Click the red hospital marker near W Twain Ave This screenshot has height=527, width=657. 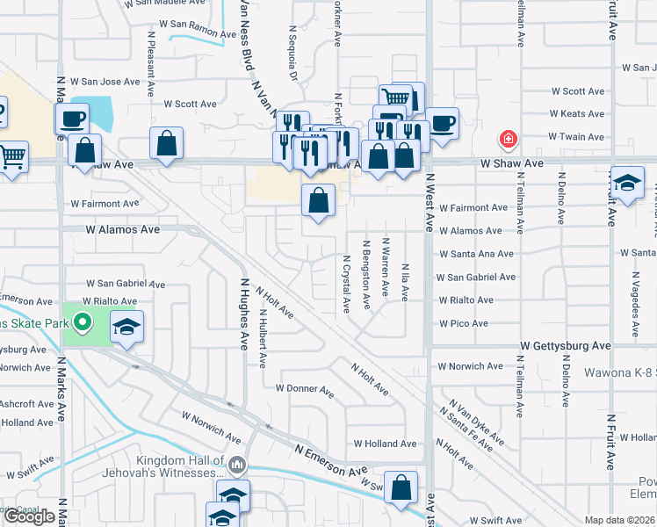507,138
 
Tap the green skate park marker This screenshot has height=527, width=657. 83,323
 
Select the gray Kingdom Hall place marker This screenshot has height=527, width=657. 235,463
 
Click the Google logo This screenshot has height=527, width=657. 29,516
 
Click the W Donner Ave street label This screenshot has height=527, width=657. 305,388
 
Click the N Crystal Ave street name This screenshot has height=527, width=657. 347,284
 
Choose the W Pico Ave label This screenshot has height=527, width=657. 463,323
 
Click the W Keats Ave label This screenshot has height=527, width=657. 576,114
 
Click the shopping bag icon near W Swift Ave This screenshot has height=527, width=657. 401,487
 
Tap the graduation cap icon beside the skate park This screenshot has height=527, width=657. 127,328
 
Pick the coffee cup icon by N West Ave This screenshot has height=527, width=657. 441,122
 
